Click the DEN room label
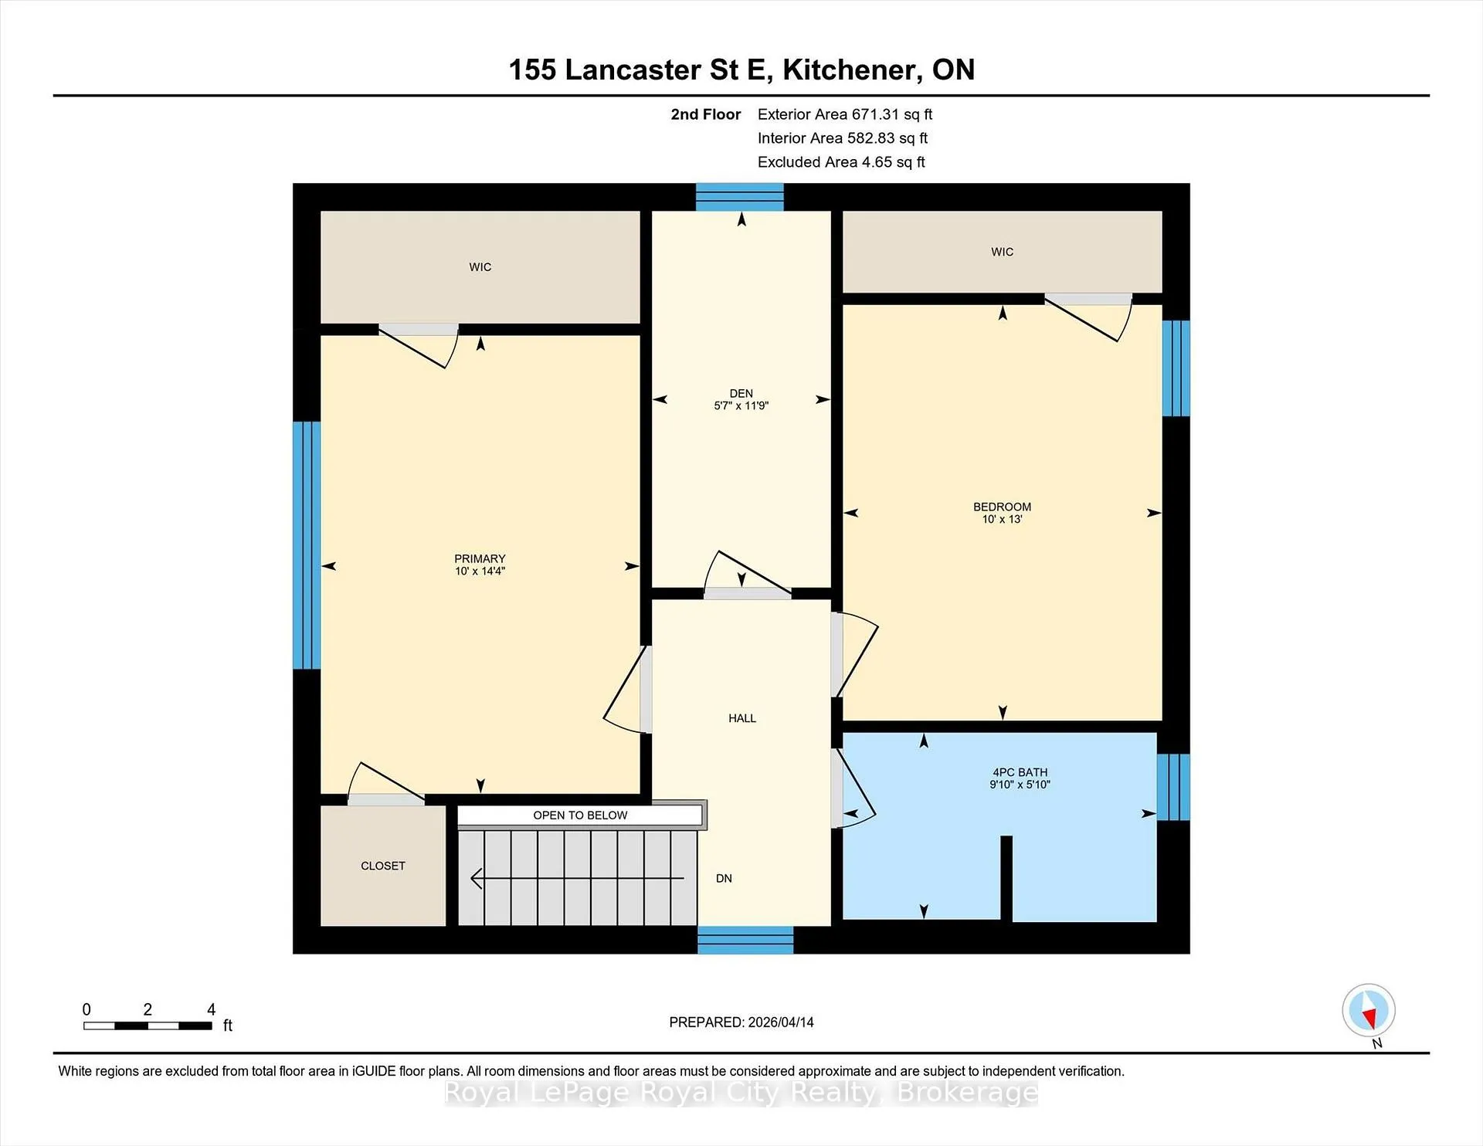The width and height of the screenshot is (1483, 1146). click(x=741, y=394)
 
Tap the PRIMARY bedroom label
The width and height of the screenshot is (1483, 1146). click(x=480, y=559)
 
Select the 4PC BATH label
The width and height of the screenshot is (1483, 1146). click(x=1020, y=772)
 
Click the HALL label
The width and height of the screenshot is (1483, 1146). click(x=742, y=718)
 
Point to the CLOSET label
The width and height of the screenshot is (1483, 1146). click(x=383, y=866)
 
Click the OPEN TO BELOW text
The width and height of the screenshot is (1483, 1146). click(x=580, y=815)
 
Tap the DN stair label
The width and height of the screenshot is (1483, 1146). click(x=724, y=878)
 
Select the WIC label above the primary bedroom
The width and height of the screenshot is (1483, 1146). click(x=480, y=267)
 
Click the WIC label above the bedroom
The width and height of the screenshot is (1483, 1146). click(x=1002, y=252)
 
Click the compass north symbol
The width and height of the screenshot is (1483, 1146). click(x=1369, y=1010)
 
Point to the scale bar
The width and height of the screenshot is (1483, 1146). click(x=148, y=1026)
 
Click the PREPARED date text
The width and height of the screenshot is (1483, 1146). click(x=741, y=1022)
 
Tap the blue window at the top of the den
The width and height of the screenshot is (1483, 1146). click(x=740, y=197)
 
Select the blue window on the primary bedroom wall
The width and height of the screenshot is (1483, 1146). click(x=307, y=545)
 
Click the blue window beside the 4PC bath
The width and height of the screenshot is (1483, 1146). click(x=1173, y=787)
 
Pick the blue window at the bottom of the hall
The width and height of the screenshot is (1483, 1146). click(x=745, y=940)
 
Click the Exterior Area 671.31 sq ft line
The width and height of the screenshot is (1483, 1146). click(x=845, y=114)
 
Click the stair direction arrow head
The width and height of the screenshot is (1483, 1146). click(x=477, y=879)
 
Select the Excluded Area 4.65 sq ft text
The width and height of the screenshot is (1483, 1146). click(x=841, y=162)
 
